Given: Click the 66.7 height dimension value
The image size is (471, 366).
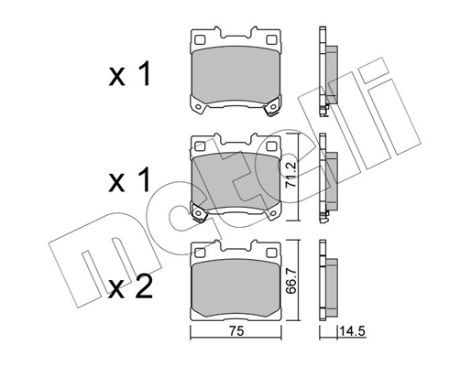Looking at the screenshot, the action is tap(291, 281).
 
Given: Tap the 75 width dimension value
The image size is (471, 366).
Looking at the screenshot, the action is tap(236, 331).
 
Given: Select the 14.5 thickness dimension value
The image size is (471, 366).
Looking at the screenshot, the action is tap(352, 331).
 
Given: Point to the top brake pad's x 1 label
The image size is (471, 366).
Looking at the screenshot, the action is tap(129, 73).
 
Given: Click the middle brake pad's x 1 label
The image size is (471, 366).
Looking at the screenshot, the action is tap(129, 180).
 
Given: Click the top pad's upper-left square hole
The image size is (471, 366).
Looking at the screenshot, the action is tap(200, 40).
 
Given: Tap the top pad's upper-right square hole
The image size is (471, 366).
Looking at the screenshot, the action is tap(271, 40).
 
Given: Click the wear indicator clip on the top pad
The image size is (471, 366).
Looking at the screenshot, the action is tap(272, 108).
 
